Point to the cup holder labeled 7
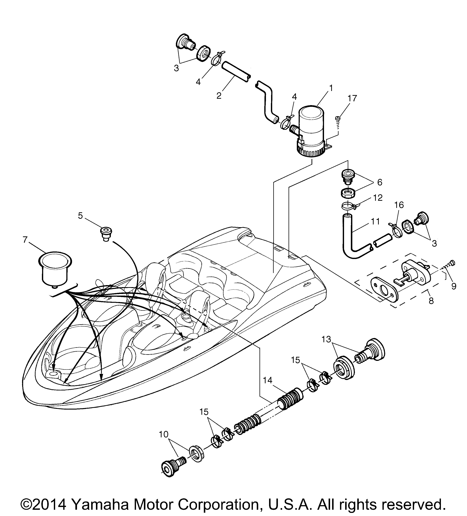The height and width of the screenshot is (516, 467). point(55,267)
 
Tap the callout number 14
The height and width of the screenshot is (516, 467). point(268,388)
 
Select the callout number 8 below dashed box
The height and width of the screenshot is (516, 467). point(431,301)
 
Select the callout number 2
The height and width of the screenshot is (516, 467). point(219,95)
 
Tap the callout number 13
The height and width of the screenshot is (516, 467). point(326,339)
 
